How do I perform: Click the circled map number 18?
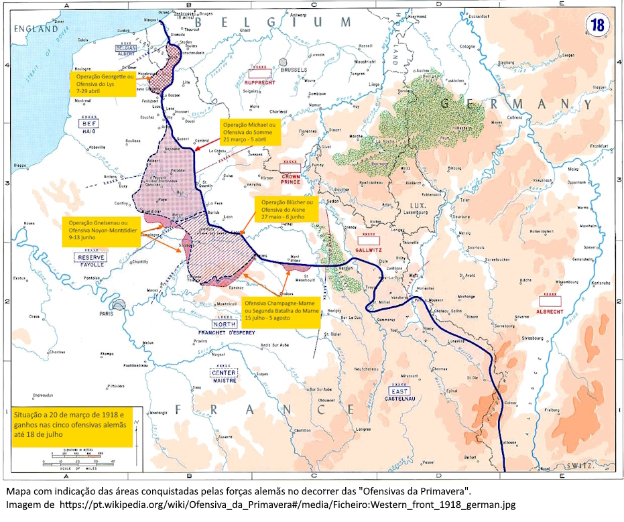[597, 25]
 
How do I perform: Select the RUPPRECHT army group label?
[261, 82]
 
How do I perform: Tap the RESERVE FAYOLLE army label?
[92, 261]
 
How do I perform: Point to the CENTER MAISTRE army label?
[224, 377]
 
